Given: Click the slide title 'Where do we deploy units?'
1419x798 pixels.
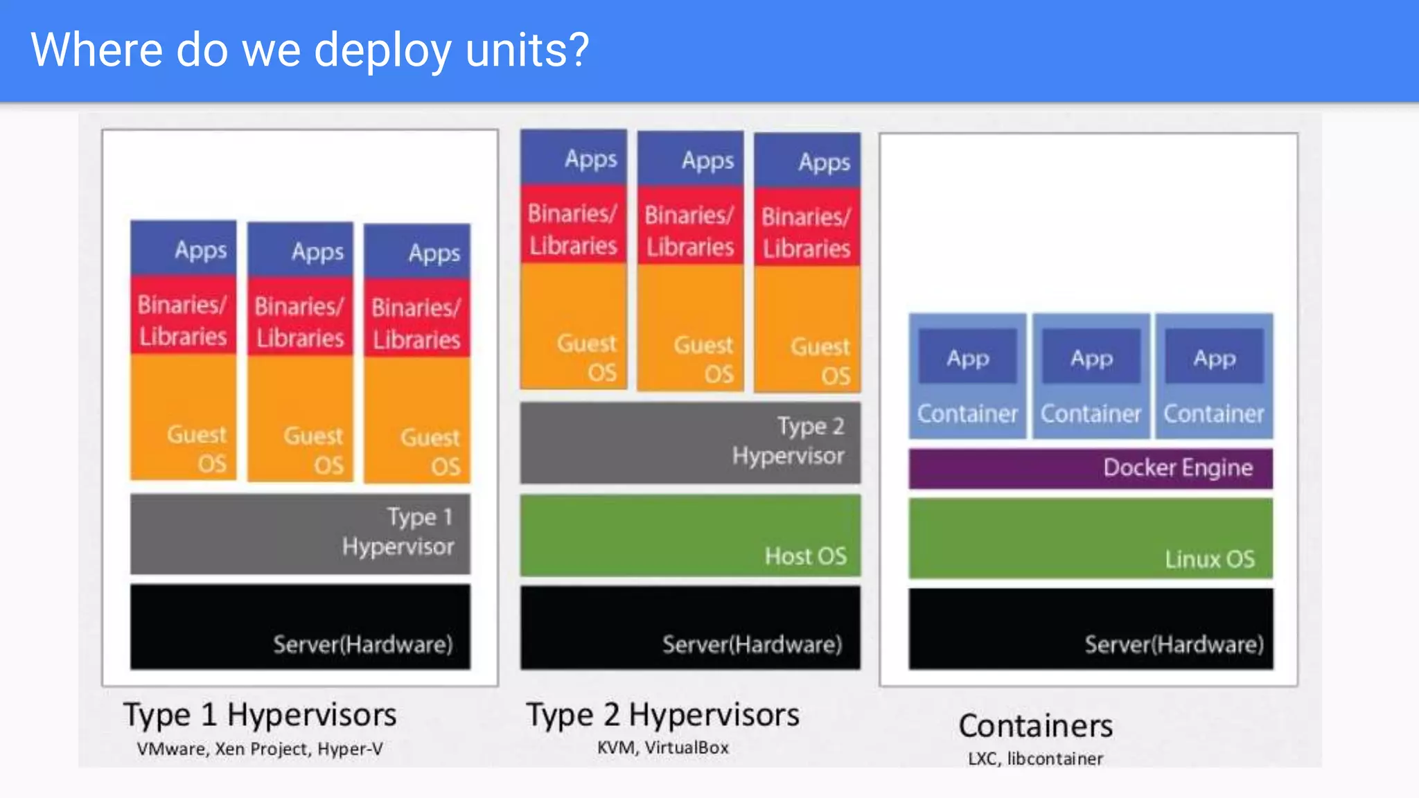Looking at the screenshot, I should pos(310,50).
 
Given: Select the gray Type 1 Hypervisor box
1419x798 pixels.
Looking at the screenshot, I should pos(300,533).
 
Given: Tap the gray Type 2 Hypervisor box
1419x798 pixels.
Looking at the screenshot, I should pos(690,442).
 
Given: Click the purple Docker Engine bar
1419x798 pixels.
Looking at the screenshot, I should pos(1091,468).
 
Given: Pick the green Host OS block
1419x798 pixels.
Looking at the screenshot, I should pos(690,535).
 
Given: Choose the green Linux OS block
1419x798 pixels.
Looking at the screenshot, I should pos(1091,538).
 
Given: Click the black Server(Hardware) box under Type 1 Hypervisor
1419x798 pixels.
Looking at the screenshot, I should pos(300,627).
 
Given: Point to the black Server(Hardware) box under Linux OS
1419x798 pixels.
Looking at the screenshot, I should pos(1091,629).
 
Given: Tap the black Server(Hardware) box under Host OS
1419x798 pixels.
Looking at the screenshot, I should pos(690,628).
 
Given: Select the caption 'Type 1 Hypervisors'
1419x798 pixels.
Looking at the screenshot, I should pos(260,715).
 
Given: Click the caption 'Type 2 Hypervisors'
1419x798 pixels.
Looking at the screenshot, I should pos(662,715).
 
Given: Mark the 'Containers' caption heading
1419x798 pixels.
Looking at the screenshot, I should pos(1036,726).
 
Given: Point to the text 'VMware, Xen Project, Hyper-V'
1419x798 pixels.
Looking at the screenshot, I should pos(260,749).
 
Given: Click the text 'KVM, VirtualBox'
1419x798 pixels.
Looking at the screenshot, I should pos(662,747).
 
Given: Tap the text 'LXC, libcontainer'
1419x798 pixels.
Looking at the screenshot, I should pos(1036,759).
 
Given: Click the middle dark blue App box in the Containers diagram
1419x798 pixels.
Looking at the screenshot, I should pos(1091,357).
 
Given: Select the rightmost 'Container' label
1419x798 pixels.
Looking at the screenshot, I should pos(1214,414).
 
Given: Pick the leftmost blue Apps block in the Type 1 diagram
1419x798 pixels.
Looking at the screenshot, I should pos(184,248).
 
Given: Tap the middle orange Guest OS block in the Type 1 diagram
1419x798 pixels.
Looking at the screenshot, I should pos(300,419).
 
